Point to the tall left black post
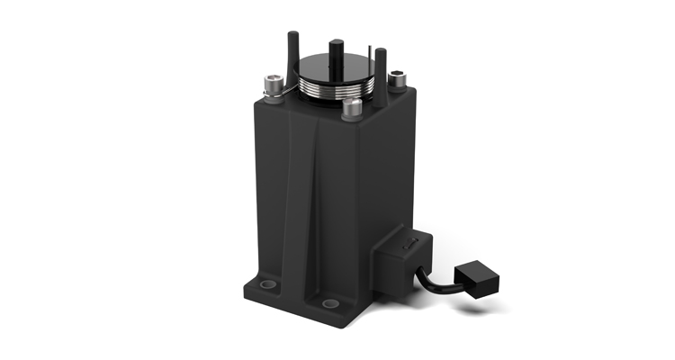[292, 54]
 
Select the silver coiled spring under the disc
[332, 89]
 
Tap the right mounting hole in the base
[330, 302]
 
